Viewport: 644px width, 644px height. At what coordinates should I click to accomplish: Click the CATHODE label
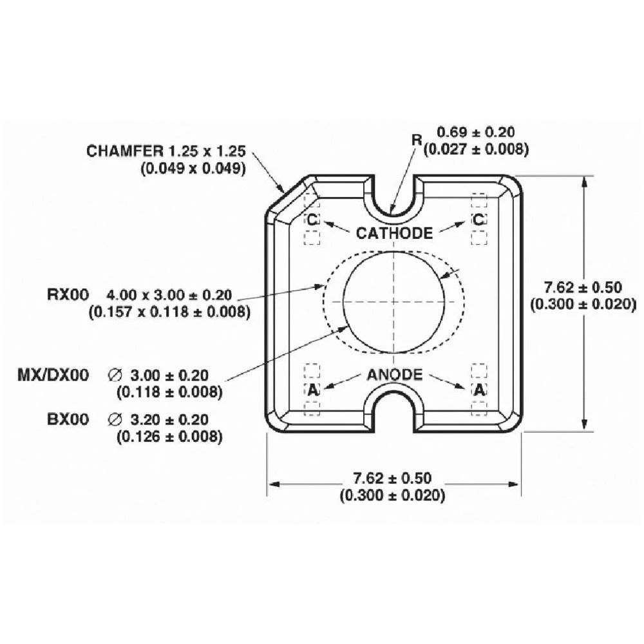point(394,233)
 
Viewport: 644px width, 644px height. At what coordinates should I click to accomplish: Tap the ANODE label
point(394,375)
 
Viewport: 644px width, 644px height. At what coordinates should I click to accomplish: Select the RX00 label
point(68,296)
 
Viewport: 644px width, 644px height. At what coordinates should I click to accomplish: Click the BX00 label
point(68,420)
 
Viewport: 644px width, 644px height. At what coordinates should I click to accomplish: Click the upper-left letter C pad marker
point(312,220)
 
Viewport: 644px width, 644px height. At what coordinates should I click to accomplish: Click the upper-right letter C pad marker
point(478,220)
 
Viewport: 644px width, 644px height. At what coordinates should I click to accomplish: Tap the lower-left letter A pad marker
point(312,390)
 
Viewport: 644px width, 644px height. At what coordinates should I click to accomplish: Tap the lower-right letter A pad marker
point(478,390)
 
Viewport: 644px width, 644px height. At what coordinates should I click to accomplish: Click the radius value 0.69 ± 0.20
point(476,132)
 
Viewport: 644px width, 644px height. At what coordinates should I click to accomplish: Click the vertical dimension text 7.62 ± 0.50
point(583,287)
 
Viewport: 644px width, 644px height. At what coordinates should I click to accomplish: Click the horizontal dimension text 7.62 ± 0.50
point(392,478)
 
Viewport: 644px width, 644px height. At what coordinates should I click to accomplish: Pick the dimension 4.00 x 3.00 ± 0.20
point(169,296)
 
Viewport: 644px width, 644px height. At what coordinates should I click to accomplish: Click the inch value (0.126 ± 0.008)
point(169,436)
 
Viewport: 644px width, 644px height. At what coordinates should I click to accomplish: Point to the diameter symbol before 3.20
point(115,420)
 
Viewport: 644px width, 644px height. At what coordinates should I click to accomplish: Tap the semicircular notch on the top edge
point(394,196)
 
